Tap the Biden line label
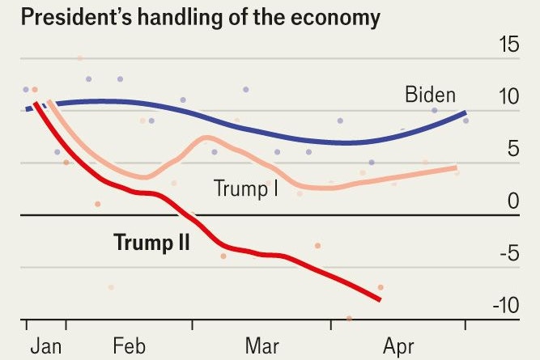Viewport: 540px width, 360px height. pyautogui.click(x=430, y=95)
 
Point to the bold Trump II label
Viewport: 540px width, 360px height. pyautogui.click(x=151, y=241)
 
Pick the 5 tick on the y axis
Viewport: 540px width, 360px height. pyautogui.click(x=512, y=150)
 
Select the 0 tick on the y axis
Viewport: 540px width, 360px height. pyautogui.click(x=512, y=201)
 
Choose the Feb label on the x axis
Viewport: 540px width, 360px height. pyautogui.click(x=129, y=346)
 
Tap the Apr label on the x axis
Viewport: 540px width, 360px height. pyautogui.click(x=398, y=346)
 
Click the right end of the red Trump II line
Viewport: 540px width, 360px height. pyautogui.click(x=379, y=299)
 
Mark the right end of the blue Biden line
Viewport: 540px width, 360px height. pyautogui.click(x=465, y=113)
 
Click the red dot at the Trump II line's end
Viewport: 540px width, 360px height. pyautogui.click(x=380, y=287)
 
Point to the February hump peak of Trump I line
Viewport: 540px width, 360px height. pyautogui.click(x=206, y=138)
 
